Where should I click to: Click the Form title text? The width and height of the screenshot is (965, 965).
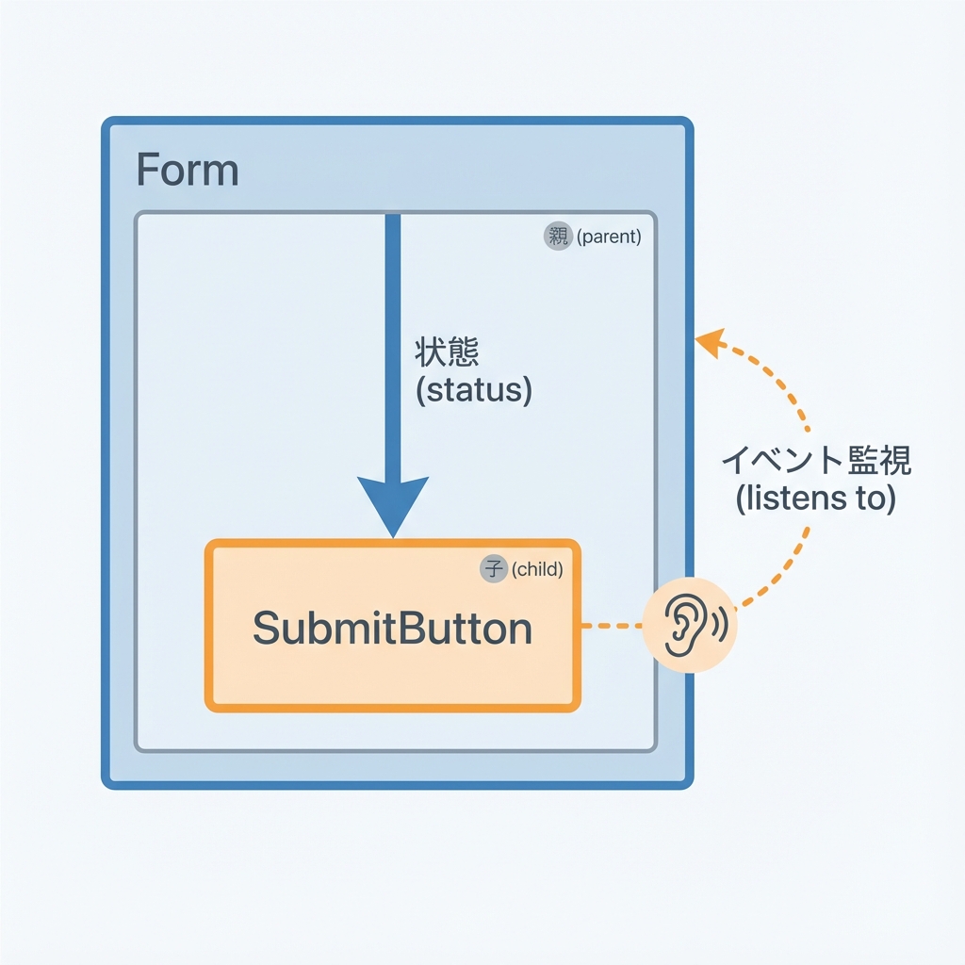click(x=188, y=171)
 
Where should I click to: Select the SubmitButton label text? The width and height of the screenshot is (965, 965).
click(x=392, y=629)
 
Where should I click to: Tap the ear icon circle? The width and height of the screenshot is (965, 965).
click(x=687, y=625)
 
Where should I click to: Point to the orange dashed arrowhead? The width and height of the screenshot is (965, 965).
click(x=709, y=341)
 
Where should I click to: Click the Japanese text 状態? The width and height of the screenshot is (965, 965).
click(x=447, y=353)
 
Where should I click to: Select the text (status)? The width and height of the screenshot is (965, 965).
click(x=473, y=390)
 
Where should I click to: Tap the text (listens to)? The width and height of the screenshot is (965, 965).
click(x=814, y=498)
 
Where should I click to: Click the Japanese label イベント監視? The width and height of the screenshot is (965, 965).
click(x=816, y=461)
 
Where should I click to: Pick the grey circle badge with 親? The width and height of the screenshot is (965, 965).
click(x=558, y=237)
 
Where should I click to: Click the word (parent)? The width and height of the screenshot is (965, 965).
click(x=609, y=237)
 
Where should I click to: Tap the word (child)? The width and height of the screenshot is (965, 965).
click(x=537, y=568)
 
